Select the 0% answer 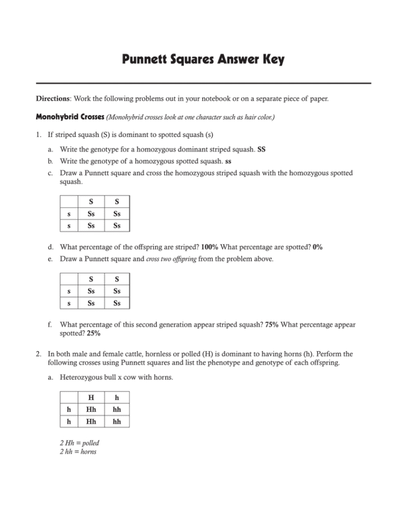click(x=317, y=247)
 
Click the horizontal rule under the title click(x=203, y=83)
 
